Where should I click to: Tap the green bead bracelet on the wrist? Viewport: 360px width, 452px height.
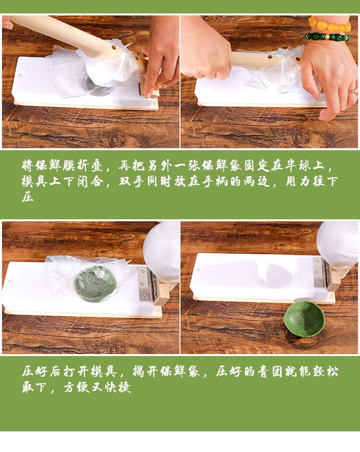click(327, 37)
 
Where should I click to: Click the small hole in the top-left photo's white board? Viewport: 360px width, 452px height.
click(20, 75)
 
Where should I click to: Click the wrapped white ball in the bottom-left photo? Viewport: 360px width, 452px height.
click(162, 250)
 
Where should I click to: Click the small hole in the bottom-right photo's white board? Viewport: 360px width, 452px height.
click(199, 270)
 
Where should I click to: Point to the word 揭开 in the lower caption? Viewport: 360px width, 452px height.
click(145, 371)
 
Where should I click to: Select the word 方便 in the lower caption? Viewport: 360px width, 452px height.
click(76, 387)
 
